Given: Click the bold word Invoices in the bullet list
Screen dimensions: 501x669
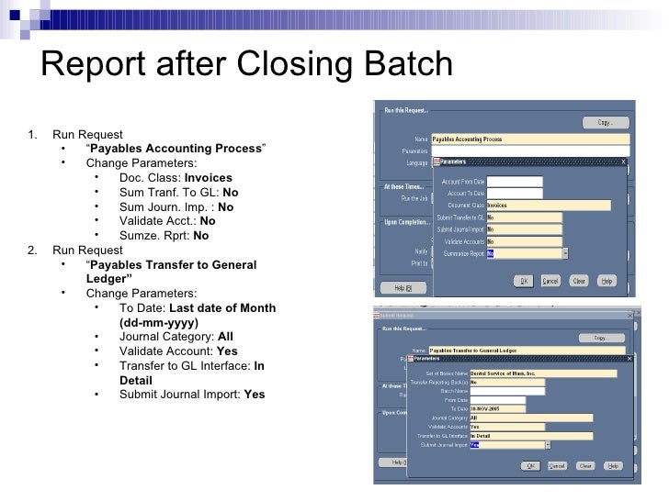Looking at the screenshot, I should [209, 177].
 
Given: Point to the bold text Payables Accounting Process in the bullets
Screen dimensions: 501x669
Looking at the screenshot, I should [174, 149].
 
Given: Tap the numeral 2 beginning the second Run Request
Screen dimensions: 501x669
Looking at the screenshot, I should [33, 250].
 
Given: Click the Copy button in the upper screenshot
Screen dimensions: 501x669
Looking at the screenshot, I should [604, 122].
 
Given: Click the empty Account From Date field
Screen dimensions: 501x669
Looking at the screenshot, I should [514, 181].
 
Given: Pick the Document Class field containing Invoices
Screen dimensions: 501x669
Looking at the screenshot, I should [548, 206].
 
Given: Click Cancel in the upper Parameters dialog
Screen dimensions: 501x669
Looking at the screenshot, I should [550, 281].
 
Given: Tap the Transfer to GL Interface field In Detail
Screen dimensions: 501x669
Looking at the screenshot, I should [530, 436].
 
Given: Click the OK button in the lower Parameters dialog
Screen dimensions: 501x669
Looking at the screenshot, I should [530, 465].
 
